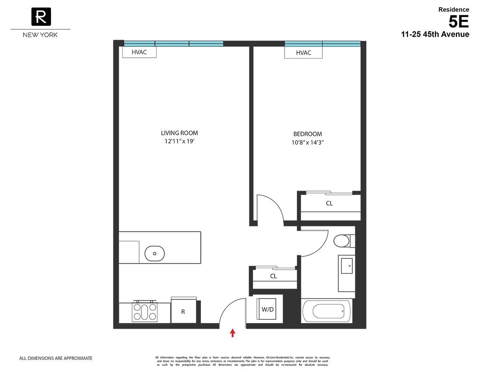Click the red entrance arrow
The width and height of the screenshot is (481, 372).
pos(232,333)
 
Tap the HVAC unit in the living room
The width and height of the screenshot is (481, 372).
pos(139,52)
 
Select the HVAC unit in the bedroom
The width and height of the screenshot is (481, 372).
pos(303,53)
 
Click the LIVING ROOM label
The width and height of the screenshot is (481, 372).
pos(179,133)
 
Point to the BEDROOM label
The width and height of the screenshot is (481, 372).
pos(307,134)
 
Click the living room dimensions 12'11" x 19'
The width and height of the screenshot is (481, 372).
pos(179,141)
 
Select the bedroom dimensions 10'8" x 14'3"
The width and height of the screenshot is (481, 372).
pos(307,142)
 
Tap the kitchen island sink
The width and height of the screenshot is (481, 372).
pos(154,253)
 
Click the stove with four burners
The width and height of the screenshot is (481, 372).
pos(145,311)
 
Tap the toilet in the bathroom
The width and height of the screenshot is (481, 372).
pos(342,241)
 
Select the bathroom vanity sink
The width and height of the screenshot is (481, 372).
pos(346,266)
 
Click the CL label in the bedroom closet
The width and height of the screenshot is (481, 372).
pos(329,203)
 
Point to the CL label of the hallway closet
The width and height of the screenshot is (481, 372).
pos(273,276)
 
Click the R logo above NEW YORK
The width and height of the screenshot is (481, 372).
pos(40,17)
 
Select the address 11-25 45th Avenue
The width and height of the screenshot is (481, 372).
pos(435,35)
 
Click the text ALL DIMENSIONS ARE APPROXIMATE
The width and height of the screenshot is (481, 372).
pos(56,358)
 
